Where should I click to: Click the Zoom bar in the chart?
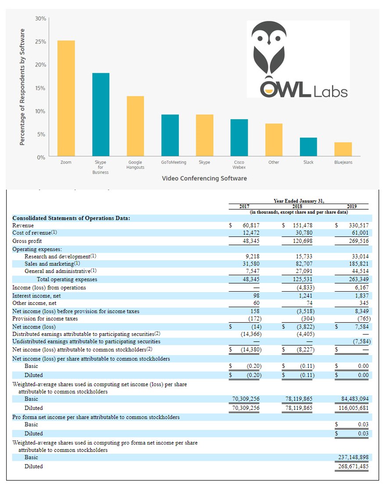point(66,98)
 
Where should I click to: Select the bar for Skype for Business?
point(101,115)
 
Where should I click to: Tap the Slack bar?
point(309,147)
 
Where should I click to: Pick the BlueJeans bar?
point(343,149)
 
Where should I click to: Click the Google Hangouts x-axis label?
point(135,165)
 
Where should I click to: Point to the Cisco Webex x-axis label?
point(239,165)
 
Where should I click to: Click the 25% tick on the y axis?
point(40,42)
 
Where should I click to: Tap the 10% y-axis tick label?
point(40,111)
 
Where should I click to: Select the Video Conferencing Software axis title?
point(204,178)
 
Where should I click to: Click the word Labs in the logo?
point(330,92)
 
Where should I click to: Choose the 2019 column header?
point(352,206)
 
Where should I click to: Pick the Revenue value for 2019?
point(359,225)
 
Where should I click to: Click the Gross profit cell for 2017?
point(251,241)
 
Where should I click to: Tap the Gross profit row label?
point(27,241)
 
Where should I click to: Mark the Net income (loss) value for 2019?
point(362,327)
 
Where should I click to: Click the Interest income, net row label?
point(36,296)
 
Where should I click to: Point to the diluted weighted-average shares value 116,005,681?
point(353,408)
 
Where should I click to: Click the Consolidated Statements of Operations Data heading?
point(71,218)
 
